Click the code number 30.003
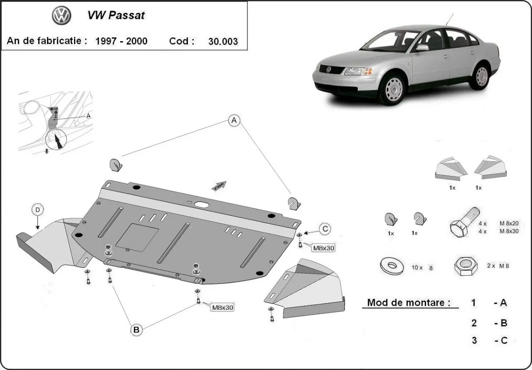pos(223,42)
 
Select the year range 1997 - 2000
pos(121,41)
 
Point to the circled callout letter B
pos(137,330)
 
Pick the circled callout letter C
pos(325,229)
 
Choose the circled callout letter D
pos(38,209)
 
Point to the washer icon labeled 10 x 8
pos(392,266)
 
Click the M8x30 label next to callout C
pos(323,248)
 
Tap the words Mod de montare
pos(406,303)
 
